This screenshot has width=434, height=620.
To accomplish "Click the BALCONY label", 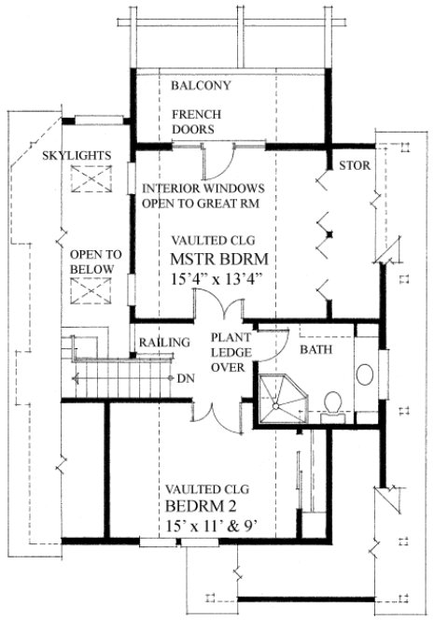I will pos(201,86).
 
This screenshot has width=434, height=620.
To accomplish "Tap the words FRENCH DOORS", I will pos(194,120).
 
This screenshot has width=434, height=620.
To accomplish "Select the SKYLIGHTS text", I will pos(82,154).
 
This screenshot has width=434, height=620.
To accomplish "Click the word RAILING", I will pos(164,343).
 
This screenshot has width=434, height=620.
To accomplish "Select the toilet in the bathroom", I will pos(330,401).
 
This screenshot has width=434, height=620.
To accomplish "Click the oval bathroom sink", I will pos(365,374).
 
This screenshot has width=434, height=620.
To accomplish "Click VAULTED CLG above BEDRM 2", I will pos(205,488).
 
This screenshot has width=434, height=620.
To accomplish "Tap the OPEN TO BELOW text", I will pos(92,261).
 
